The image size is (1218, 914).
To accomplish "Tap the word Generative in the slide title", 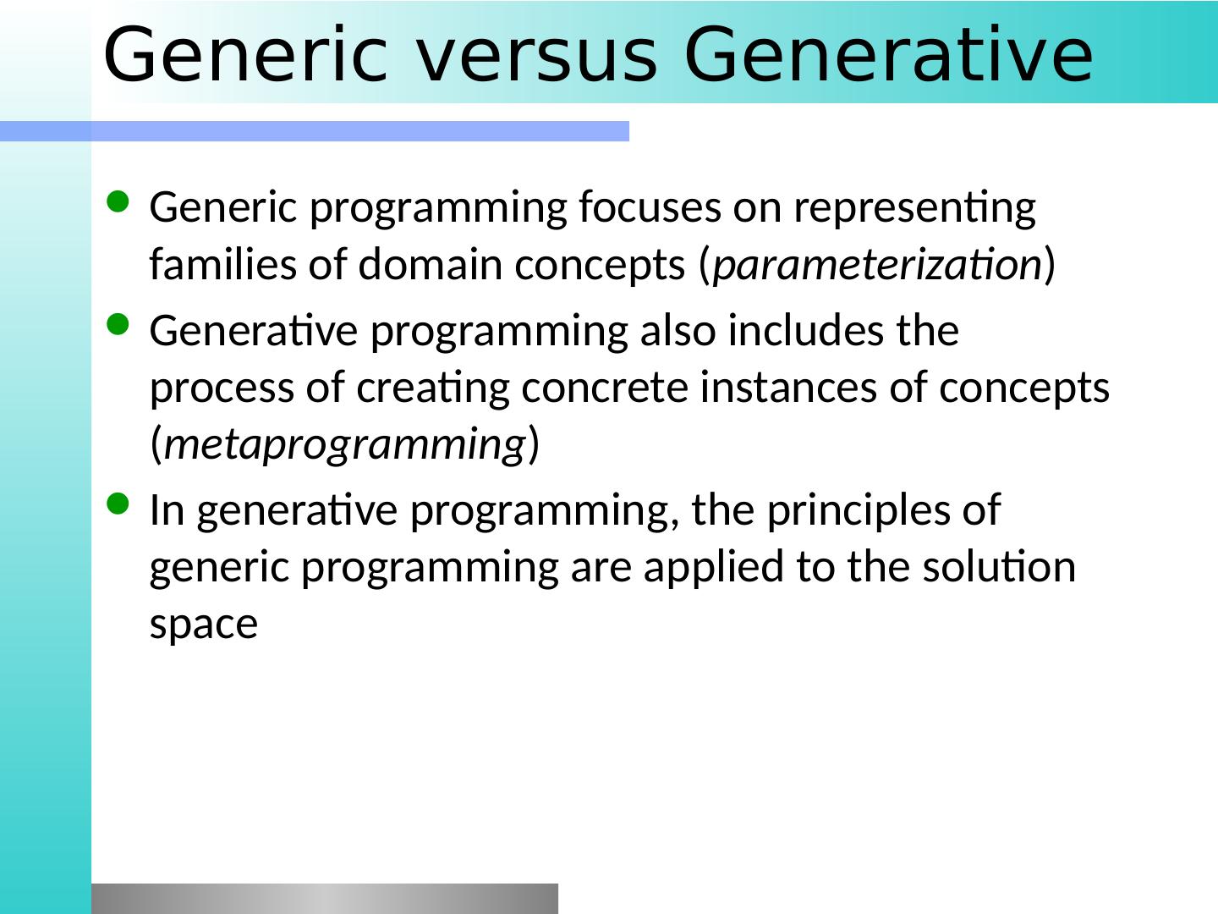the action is click(x=888, y=55).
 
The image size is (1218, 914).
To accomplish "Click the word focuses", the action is click(x=650, y=207).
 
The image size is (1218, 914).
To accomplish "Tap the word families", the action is click(x=223, y=263).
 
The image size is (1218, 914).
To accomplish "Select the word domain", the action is click(x=430, y=263).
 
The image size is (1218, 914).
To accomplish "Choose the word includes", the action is click(x=805, y=330).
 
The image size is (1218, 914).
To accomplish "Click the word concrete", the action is click(x=605, y=388).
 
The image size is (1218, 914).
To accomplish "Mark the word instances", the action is click(x=788, y=387).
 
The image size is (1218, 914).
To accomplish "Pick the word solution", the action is click(x=999, y=567).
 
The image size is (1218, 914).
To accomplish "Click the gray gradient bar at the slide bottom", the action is click(x=325, y=899).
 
